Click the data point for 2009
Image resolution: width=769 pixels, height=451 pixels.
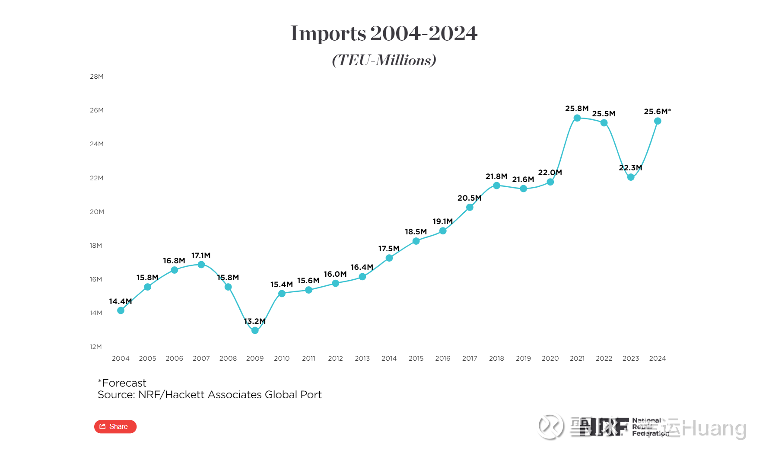(255, 330)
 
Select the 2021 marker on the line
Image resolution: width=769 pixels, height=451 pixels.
(577, 118)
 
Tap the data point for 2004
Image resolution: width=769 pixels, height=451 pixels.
(121, 310)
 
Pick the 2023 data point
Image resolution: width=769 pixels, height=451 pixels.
(631, 177)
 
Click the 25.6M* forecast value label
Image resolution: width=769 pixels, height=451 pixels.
(657, 112)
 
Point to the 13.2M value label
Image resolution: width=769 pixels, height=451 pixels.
(254, 321)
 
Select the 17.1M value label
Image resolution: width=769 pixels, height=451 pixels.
(201, 256)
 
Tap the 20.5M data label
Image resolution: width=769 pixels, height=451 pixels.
(469, 198)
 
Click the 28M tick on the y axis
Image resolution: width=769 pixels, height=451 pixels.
(97, 77)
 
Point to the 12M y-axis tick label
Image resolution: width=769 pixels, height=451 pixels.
(96, 347)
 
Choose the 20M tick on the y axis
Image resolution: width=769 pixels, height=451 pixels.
(97, 212)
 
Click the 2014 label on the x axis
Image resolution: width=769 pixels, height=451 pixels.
(389, 358)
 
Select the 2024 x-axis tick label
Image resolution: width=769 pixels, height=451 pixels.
(658, 358)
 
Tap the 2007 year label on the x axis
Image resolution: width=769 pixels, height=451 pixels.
(201, 358)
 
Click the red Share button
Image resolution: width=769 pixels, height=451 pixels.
(115, 427)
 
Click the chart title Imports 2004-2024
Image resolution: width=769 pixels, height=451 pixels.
(384, 33)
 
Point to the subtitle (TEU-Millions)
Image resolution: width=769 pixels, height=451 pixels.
(384, 60)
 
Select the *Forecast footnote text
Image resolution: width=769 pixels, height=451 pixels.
(122, 383)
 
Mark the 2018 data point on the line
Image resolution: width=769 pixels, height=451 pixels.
(496, 186)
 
